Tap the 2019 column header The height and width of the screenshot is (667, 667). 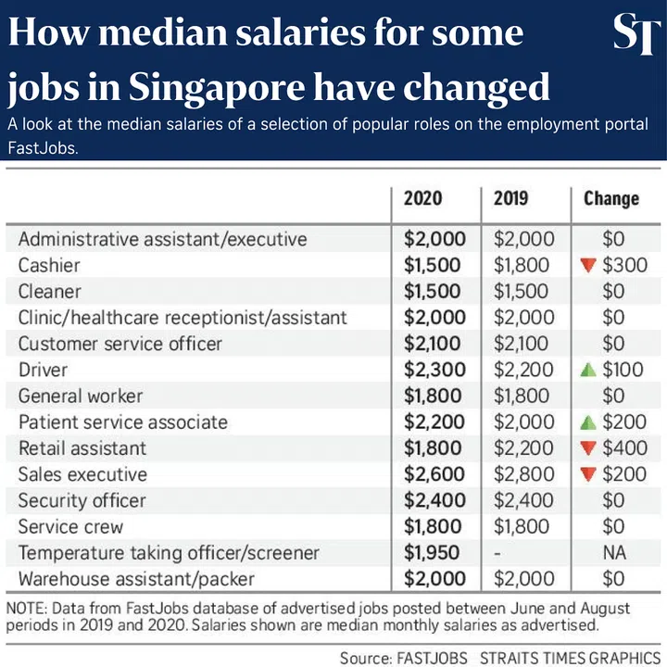[x=512, y=198]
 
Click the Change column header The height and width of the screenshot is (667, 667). [x=611, y=198]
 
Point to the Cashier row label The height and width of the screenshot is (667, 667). [x=49, y=265]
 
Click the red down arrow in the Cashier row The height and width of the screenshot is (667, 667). [x=585, y=266]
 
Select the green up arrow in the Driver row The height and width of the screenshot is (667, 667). [x=585, y=370]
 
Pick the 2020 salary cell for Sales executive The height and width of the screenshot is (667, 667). [x=434, y=474]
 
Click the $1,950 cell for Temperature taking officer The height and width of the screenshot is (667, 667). [x=434, y=553]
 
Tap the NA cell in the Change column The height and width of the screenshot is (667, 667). [x=613, y=553]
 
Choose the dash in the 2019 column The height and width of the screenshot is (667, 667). [x=497, y=553]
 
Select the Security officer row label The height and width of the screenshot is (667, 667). [x=82, y=500]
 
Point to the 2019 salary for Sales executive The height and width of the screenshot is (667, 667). [x=523, y=474]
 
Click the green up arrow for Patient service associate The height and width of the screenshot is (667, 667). [x=585, y=422]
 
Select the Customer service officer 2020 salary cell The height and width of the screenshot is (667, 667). [x=434, y=344]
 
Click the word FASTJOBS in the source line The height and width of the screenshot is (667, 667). [x=433, y=658]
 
